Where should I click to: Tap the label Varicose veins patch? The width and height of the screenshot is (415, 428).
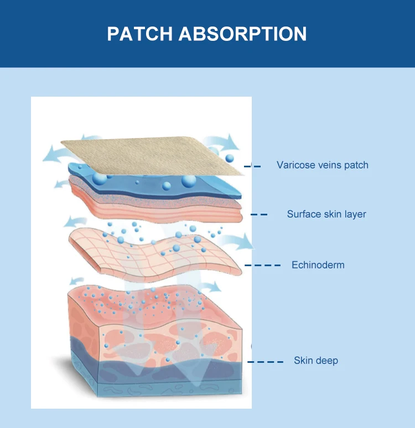(322, 165)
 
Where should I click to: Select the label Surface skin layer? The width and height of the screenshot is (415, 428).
(326, 214)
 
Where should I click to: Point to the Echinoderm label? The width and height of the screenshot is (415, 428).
(318, 265)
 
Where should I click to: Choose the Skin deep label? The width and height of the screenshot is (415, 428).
(315, 361)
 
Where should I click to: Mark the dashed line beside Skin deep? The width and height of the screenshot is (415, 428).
(265, 362)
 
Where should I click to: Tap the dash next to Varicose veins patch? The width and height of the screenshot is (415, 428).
(256, 165)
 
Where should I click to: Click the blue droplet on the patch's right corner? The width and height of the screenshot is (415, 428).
(230, 158)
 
